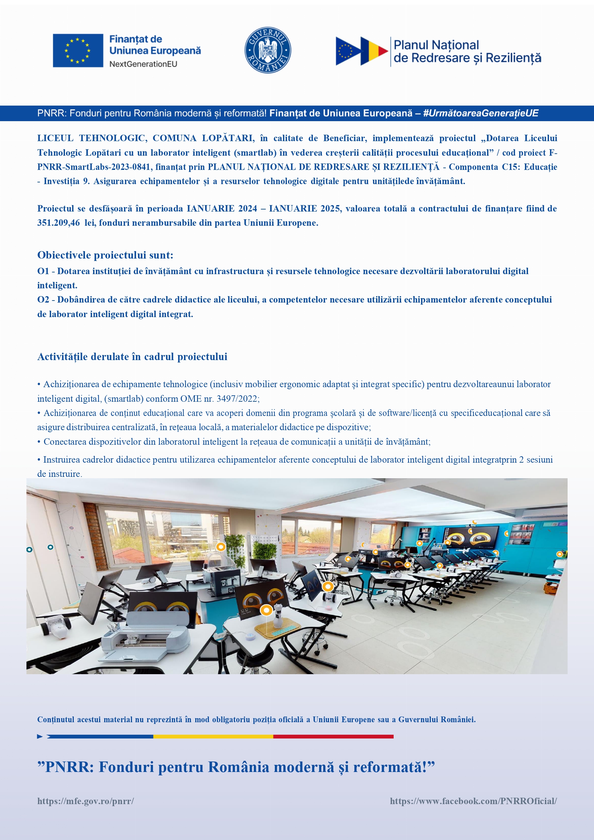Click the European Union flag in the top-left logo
click(78, 50)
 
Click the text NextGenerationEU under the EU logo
click(143, 64)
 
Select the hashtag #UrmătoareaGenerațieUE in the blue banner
click(481, 113)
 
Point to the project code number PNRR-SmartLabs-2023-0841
click(94, 167)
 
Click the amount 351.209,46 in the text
click(59, 223)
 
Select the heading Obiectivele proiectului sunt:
click(105, 255)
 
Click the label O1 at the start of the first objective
click(43, 271)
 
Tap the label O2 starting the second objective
click(43, 300)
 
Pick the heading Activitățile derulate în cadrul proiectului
click(132, 357)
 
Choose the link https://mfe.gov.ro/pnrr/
click(86, 801)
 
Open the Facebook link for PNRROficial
click(473, 801)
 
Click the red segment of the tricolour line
click(333, 736)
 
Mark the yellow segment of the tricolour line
click(213, 736)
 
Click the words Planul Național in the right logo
click(436, 45)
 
